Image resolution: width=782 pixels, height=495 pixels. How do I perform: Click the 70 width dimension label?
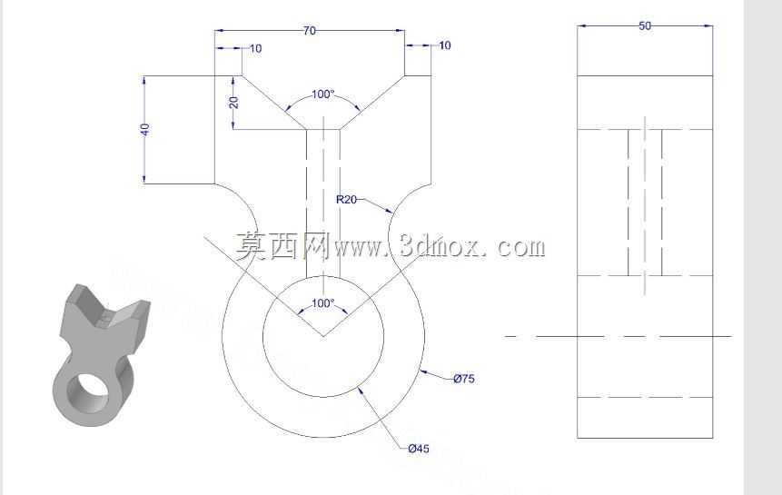(309, 31)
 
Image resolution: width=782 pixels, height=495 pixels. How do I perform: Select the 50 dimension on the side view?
(645, 26)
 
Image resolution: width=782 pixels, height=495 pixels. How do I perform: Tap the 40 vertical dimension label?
(144, 130)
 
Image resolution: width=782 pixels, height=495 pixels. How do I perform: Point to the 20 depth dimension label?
(233, 103)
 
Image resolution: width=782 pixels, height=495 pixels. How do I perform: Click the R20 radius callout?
(346, 200)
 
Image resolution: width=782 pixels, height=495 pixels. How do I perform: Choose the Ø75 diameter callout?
(464, 379)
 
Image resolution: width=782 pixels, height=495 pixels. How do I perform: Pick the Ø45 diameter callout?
(419, 449)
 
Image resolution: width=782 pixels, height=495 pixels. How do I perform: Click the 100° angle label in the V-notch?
(322, 94)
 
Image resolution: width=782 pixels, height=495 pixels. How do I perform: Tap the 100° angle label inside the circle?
(322, 303)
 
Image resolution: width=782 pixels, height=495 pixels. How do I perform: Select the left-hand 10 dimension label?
(255, 48)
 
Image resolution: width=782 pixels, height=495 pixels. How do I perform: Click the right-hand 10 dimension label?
(445, 45)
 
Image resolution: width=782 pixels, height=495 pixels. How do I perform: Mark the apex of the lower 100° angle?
(323, 336)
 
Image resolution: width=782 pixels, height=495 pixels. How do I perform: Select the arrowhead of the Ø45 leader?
(360, 391)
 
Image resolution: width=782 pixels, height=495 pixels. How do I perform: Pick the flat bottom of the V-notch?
(323, 130)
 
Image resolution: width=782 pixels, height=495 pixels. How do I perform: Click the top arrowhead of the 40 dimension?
(144, 80)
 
